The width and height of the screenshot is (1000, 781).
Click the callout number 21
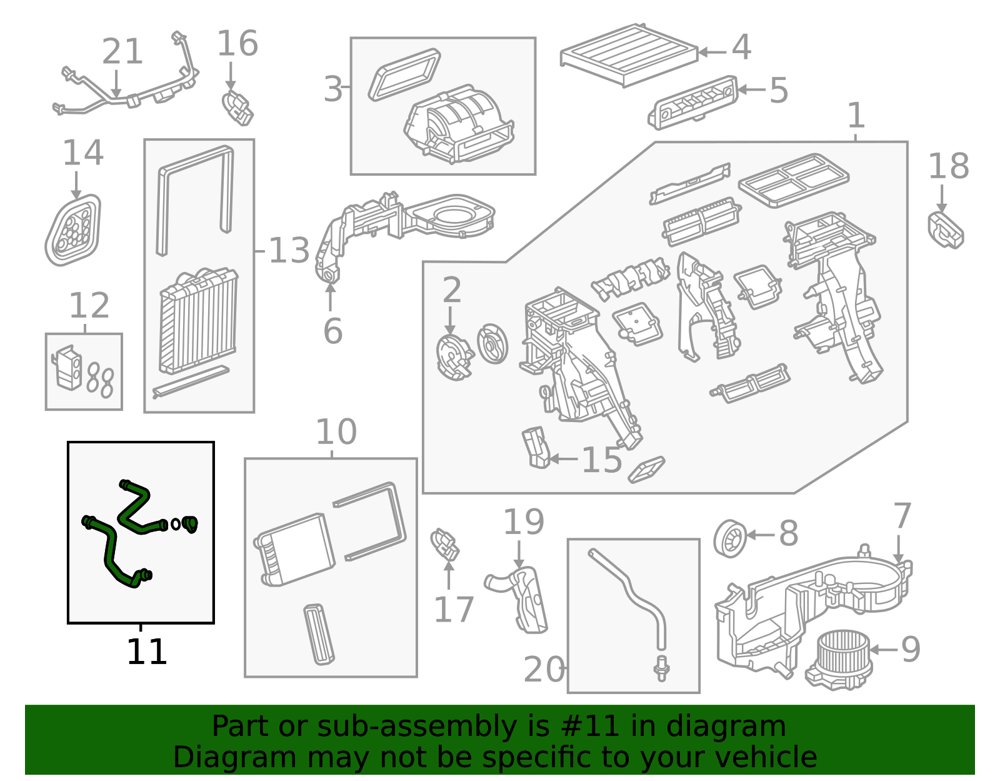click(122, 51)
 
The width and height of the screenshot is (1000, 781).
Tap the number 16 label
click(237, 43)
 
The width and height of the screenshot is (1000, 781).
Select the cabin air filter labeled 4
click(629, 54)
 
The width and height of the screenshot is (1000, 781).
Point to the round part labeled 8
click(730, 538)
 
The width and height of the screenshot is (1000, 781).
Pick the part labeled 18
click(945, 230)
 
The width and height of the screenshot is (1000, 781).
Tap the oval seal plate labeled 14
click(72, 229)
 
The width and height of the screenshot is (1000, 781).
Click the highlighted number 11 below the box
click(146, 651)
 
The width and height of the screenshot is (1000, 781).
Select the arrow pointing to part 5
click(751, 89)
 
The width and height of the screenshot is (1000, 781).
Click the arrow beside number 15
click(564, 459)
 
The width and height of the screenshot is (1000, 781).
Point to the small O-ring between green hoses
click(176, 524)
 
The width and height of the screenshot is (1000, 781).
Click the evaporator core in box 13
click(198, 321)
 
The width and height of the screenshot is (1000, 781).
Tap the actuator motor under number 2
click(454, 358)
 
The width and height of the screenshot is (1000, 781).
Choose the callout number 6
click(332, 331)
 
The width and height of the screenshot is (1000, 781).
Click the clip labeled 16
click(237, 108)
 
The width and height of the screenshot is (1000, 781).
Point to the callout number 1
click(856, 115)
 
